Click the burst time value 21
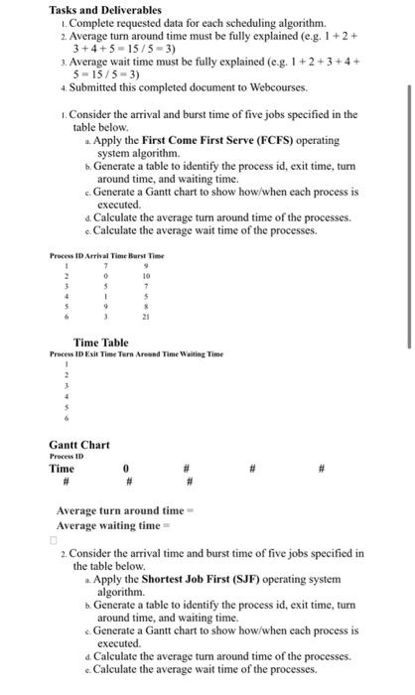pos(147,317)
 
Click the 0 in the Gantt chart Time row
pos(126,468)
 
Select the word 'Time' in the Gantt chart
pos(62,468)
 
